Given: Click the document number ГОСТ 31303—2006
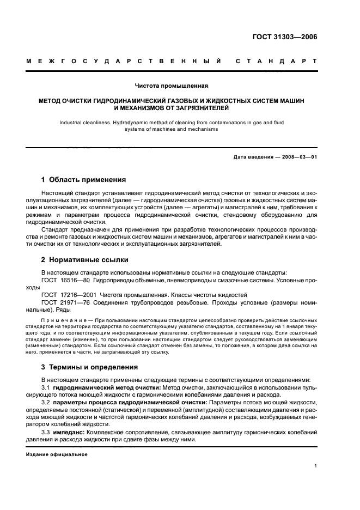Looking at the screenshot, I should point(284,38).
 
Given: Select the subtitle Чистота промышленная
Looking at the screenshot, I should point(172,86).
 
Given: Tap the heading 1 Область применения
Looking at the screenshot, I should point(84,179).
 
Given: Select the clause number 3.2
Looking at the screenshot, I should point(46,402).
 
